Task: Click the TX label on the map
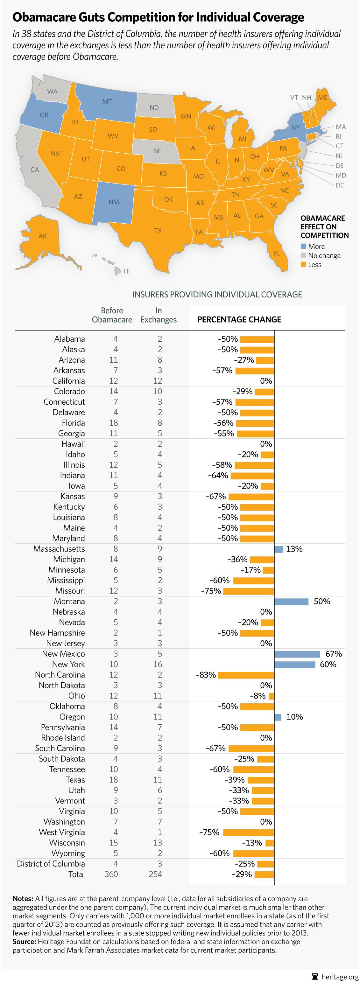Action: pyautogui.click(x=158, y=230)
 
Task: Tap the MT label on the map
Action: pyautogui.click(x=107, y=101)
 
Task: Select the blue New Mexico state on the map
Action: pyautogui.click(x=114, y=202)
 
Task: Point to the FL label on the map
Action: pyautogui.click(x=277, y=254)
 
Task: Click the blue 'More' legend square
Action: pyautogui.click(x=304, y=246)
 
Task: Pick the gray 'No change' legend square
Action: pyautogui.click(x=304, y=255)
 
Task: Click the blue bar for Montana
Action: pyautogui.click(x=291, y=602)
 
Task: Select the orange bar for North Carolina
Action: pyautogui.click(x=246, y=675)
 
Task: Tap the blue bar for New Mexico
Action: pyautogui.click(x=297, y=654)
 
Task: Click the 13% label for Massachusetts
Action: pyautogui.click(x=294, y=549)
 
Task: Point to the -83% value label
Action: pyautogui.click(x=206, y=675)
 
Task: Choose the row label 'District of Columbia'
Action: pyautogui.click(x=51, y=864)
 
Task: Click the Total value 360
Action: pyautogui.click(x=111, y=874)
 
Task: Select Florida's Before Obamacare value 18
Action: pyautogui.click(x=113, y=423)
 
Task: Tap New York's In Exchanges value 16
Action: pyautogui.click(x=158, y=665)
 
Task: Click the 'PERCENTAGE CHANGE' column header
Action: pyautogui.click(x=239, y=319)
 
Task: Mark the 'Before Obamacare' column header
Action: pyautogui.click(x=112, y=315)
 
